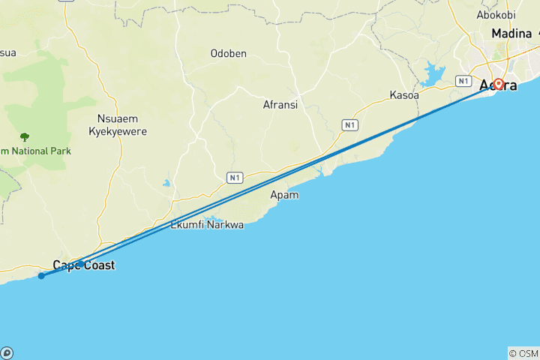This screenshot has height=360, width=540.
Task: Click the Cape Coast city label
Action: click(84, 265)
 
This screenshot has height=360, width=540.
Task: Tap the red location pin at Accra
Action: click(498, 85)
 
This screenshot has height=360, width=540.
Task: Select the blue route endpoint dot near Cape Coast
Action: click(41, 276)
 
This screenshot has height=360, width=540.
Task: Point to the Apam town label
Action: click(284, 195)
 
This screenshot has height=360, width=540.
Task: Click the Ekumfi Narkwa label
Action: click(208, 224)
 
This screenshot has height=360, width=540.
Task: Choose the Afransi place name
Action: click(280, 105)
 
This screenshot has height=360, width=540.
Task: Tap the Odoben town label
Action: click(229, 54)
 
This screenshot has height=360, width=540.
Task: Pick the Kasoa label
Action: click(403, 95)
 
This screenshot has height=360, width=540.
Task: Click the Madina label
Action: click(511, 34)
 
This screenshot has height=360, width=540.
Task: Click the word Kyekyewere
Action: click(118, 131)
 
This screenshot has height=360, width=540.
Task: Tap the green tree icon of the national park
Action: click(25, 137)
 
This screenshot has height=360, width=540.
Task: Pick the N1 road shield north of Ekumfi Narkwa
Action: click(235, 177)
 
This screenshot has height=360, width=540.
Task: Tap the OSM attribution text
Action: click(523, 353)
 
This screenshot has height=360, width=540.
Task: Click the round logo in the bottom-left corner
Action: click(7, 352)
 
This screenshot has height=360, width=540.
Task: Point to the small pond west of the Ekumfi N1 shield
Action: click(166, 182)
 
